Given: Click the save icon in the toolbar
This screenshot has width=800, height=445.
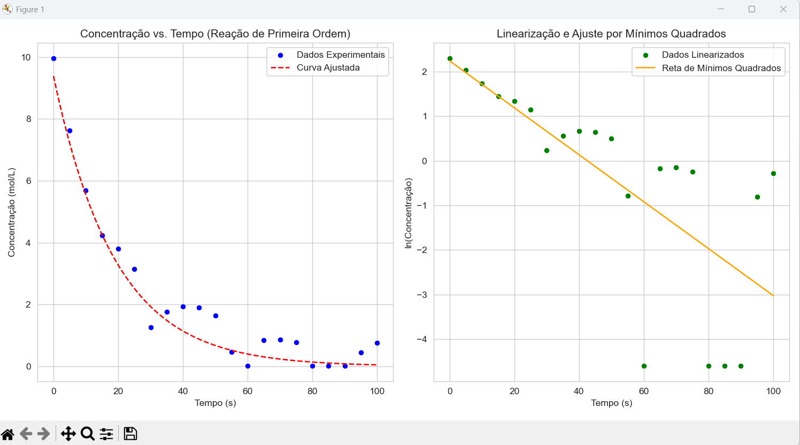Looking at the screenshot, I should point(130,433).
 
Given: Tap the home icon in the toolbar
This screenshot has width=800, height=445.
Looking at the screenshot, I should point(7,433).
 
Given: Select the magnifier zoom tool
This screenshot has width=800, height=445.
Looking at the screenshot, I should point(88,433).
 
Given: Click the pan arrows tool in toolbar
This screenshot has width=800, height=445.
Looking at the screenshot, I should point(68,433).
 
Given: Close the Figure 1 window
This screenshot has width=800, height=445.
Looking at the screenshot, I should point(783,9).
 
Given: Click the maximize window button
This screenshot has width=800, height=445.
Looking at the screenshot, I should point(752,9).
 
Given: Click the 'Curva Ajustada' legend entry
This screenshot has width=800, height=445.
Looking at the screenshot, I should point(328,68).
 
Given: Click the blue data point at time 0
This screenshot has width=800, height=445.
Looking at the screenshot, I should point(53,58).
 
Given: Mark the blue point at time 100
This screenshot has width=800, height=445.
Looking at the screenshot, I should point(377,343).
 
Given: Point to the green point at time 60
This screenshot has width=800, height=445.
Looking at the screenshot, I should point(644,366).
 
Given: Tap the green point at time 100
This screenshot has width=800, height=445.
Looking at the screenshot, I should point(773,173).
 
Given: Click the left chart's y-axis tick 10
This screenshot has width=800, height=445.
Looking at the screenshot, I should point(26,57).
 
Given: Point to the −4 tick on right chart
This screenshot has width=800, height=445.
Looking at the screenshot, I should point(422,339).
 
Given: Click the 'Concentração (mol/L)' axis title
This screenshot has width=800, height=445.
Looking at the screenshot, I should point(11,212).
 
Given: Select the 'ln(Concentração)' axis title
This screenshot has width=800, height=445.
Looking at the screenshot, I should point(409,213).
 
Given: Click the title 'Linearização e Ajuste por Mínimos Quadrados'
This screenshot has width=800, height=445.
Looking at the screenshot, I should point(611,34).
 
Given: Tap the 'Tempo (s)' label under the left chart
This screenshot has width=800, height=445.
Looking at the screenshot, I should point(215,403).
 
